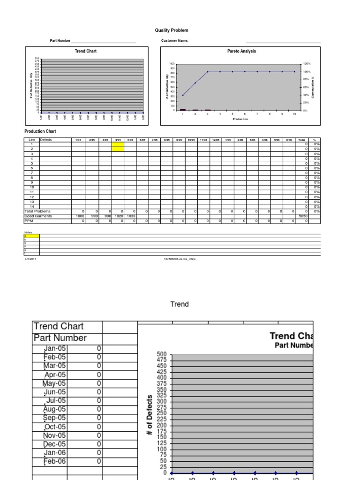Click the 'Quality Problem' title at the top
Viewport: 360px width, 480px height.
[172, 30]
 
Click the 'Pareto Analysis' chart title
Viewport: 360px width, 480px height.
[241, 52]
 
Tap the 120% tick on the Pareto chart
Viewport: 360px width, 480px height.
[307, 63]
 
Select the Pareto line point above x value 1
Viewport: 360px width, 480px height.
[183, 95]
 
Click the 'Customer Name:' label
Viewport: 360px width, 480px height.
[175, 41]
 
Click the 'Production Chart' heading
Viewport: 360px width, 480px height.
[40, 132]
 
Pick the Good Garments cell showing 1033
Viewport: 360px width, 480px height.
[130, 216]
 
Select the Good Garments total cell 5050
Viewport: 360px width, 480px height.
[302, 216]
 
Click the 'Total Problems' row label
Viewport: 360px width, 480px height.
[37, 211]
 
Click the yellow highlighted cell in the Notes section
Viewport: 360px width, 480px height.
[32, 236]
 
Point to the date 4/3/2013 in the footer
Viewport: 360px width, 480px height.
[30, 259]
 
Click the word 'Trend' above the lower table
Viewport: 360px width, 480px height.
[180, 304]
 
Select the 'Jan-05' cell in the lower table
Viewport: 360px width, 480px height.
[55, 349]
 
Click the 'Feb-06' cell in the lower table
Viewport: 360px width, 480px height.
[55, 461]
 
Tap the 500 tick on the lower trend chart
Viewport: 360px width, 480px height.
[162, 354]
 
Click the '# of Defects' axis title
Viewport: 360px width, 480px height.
[150, 415]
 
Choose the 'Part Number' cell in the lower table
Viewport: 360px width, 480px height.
[60, 338]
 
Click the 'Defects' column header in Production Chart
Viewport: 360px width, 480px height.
[46, 139]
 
